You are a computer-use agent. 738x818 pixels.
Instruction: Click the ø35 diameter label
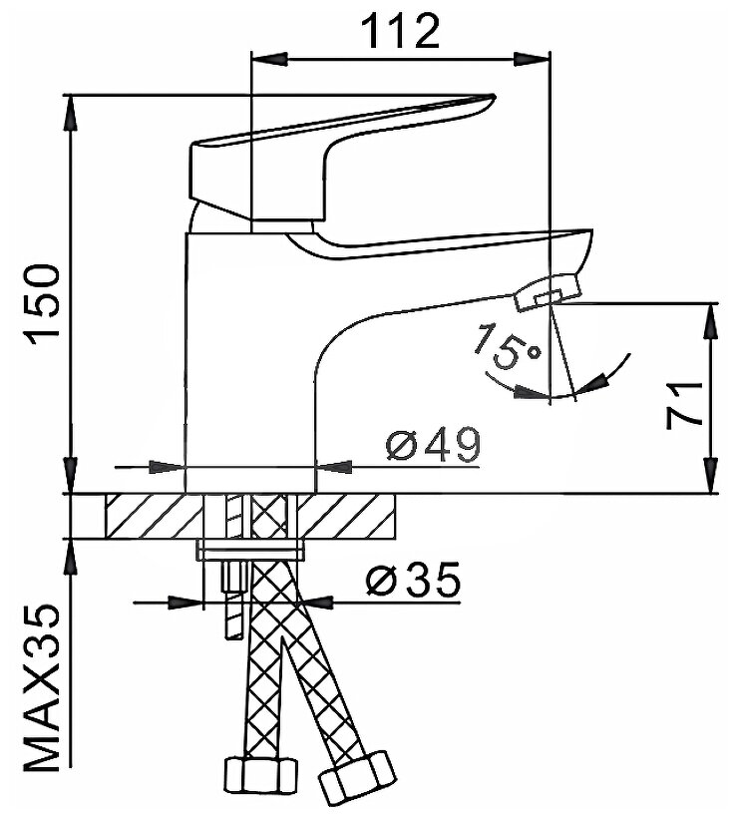coord(414,579)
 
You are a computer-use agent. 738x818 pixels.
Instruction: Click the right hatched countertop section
coord(353,517)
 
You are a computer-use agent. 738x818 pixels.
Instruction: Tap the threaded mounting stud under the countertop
coord(233,599)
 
